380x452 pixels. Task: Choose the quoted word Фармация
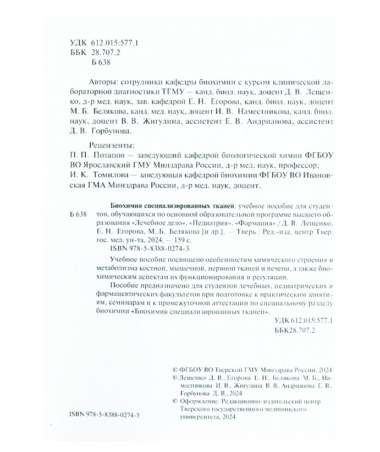pos(255,223)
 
